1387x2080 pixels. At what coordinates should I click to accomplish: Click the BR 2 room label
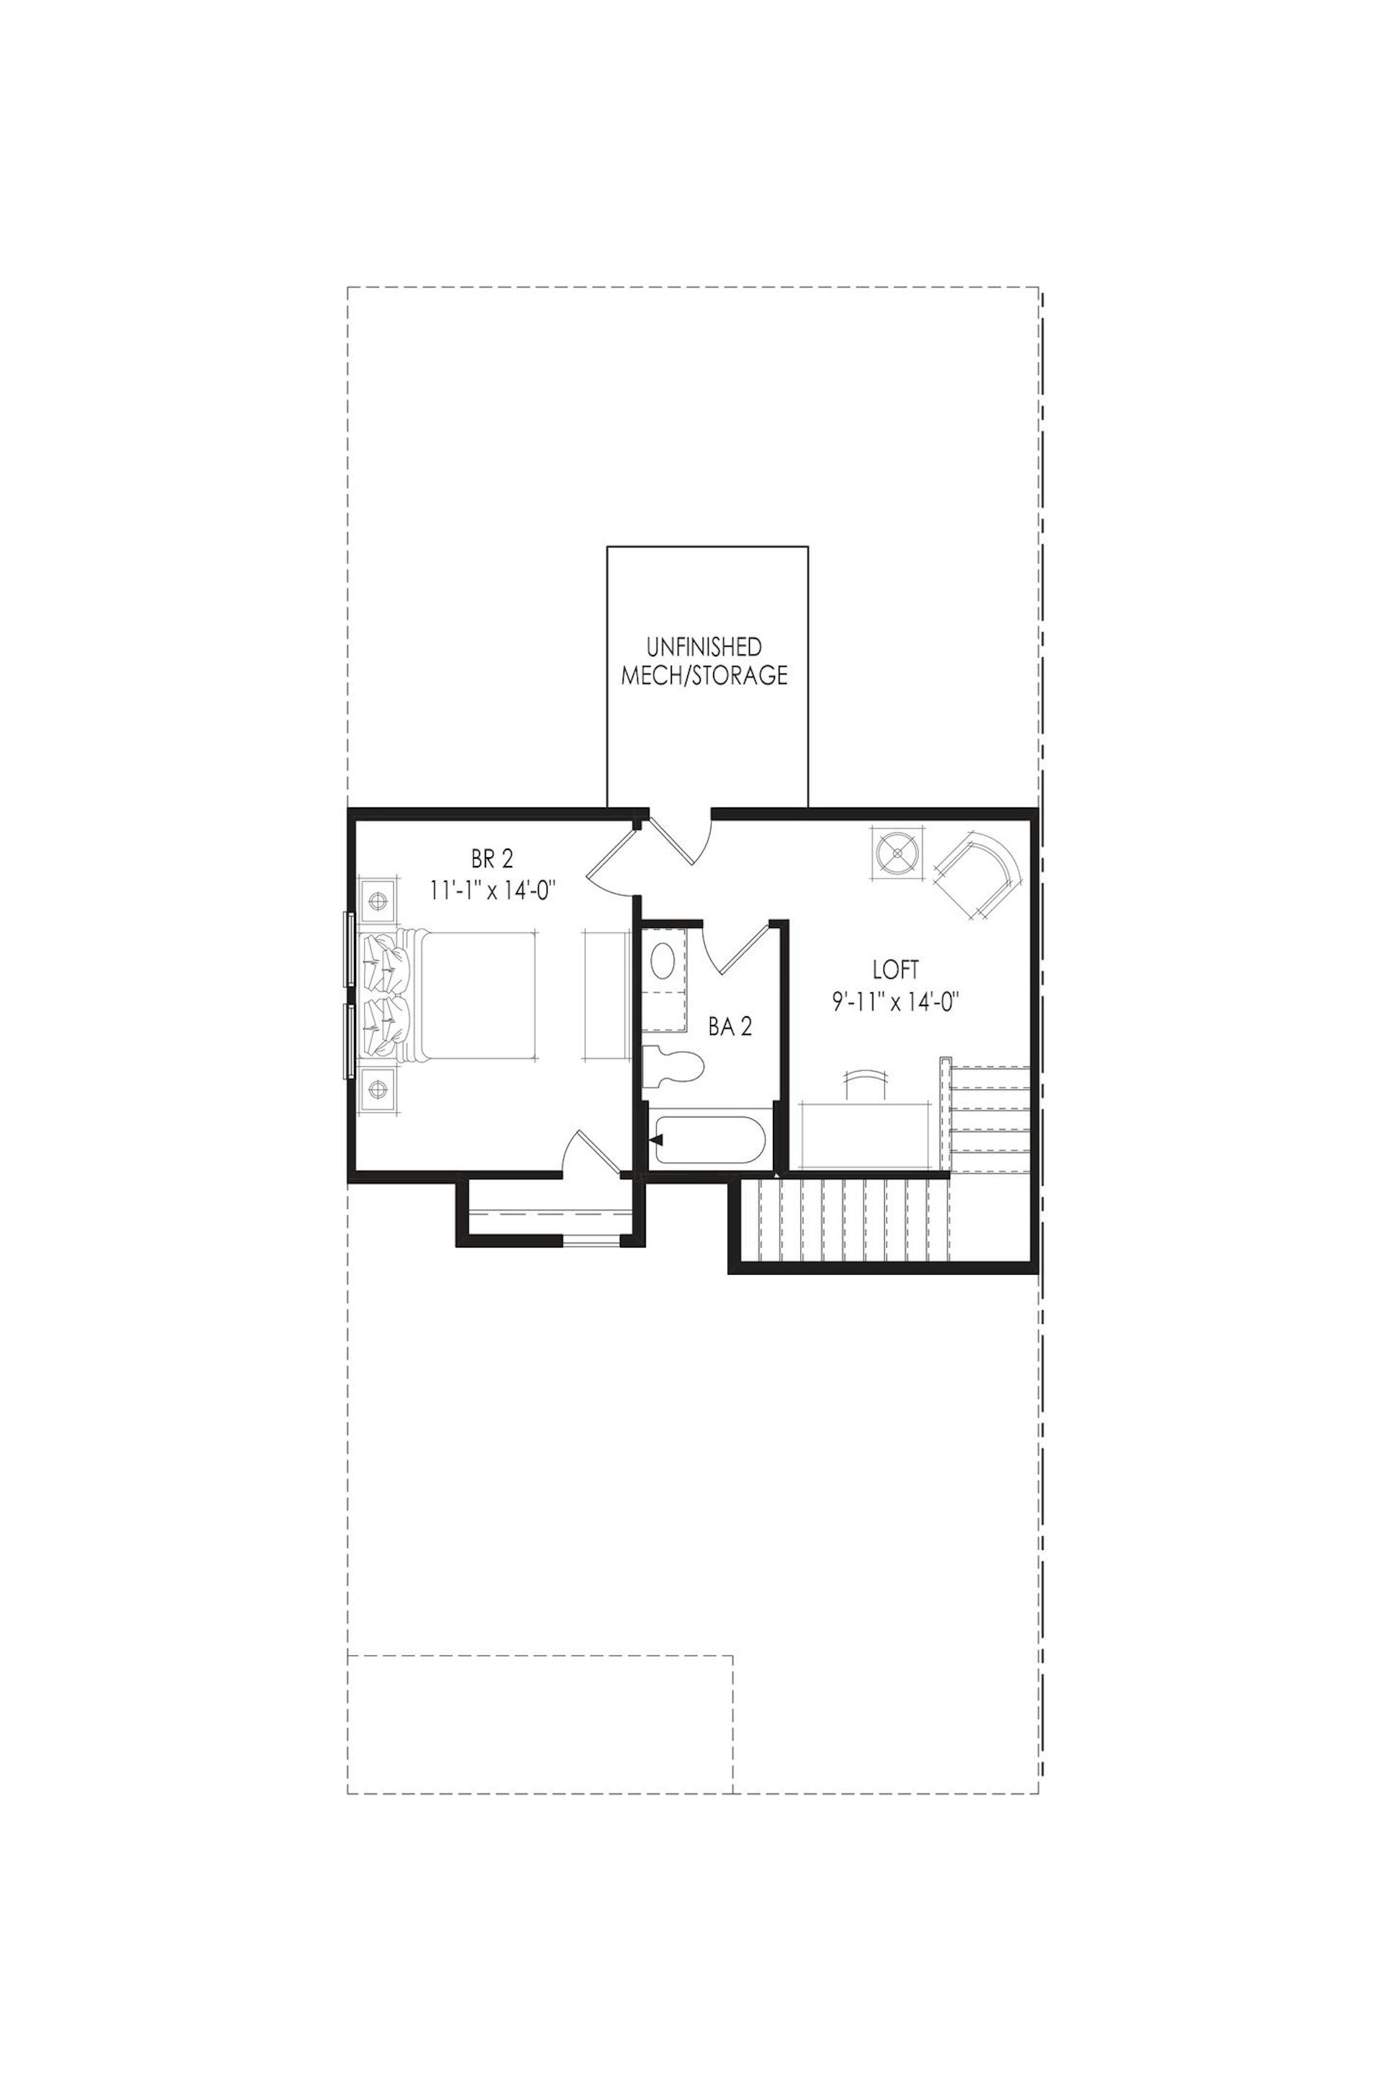click(493, 858)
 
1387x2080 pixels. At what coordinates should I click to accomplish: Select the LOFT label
click(895, 970)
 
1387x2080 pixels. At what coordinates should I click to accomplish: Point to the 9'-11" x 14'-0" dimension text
click(895, 1002)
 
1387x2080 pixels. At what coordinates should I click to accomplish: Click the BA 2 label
click(730, 1027)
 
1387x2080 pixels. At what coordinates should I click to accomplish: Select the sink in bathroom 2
click(662, 961)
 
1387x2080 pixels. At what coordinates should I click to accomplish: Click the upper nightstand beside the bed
click(378, 901)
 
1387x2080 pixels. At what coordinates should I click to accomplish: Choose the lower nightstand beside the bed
click(378, 1088)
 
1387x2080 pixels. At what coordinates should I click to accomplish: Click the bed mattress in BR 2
click(478, 995)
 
